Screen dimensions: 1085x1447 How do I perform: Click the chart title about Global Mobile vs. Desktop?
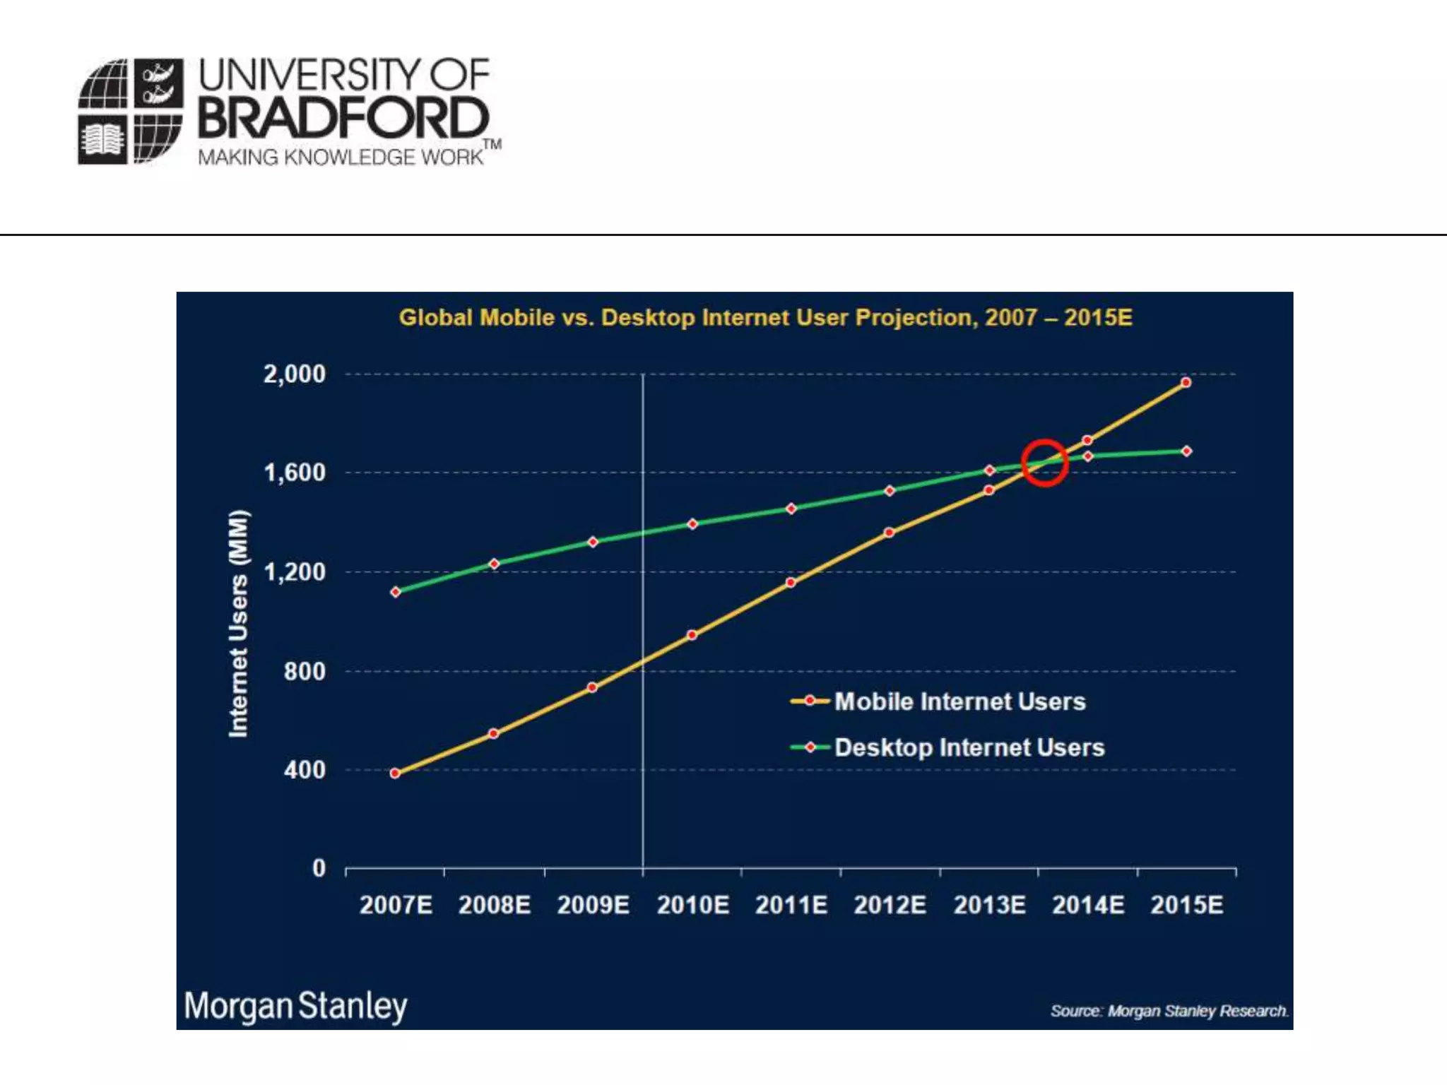point(765,318)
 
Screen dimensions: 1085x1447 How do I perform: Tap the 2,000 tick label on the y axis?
point(295,374)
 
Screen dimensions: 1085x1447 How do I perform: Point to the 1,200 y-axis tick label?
point(295,571)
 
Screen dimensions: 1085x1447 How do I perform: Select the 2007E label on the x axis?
point(396,905)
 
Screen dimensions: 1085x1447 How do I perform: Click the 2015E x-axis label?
point(1186,905)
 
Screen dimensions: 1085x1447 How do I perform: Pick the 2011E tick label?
point(791,905)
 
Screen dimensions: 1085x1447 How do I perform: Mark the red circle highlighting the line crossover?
point(1044,463)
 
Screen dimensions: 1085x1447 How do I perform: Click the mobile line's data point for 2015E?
point(1186,383)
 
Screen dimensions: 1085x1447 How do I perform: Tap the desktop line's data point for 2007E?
point(396,592)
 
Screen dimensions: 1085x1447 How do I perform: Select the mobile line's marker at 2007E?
point(396,773)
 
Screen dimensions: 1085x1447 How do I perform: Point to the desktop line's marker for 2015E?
point(1186,451)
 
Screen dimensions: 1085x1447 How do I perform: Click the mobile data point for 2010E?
point(692,635)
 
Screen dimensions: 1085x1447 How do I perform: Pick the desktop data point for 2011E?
point(791,509)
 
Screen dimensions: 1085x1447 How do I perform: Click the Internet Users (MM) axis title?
point(239,623)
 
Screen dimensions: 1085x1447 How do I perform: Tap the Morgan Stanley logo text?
point(295,1006)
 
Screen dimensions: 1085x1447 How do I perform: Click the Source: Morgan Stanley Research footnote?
point(1169,1011)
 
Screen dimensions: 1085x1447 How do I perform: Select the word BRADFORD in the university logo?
point(343,118)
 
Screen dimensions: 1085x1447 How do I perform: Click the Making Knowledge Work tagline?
point(341,157)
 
